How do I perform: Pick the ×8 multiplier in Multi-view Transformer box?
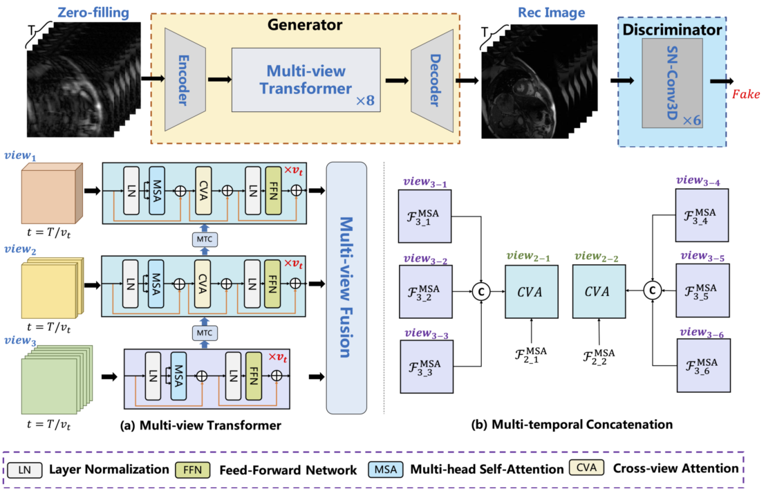click(x=365, y=101)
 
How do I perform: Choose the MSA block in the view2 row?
click(x=157, y=282)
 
